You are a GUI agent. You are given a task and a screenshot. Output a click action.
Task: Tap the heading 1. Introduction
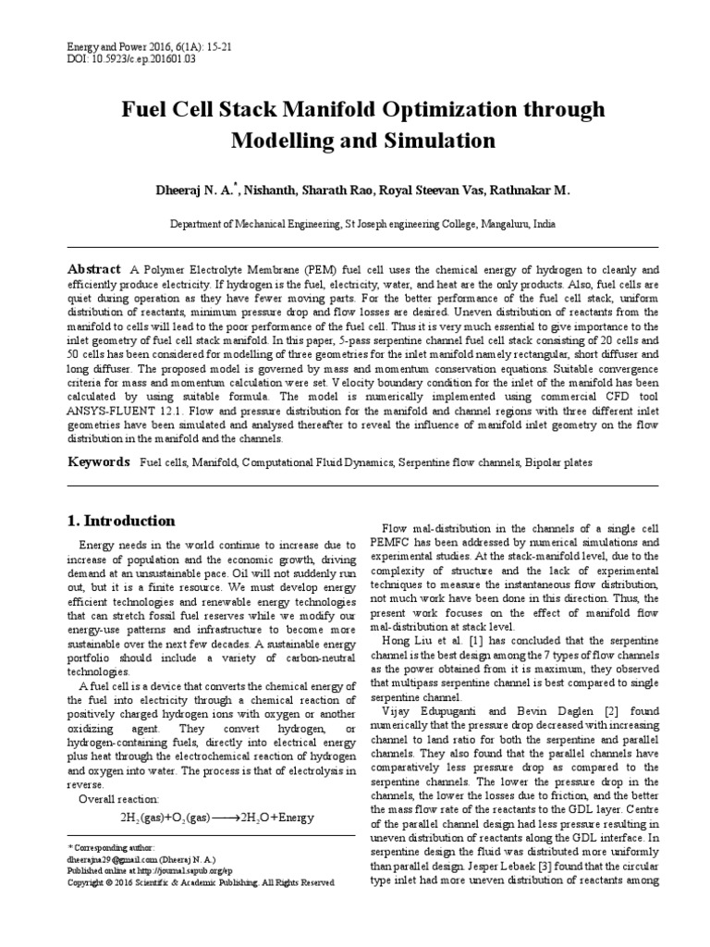pyautogui.click(x=122, y=521)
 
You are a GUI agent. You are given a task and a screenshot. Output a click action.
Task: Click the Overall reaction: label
pyautogui.click(x=119, y=798)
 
